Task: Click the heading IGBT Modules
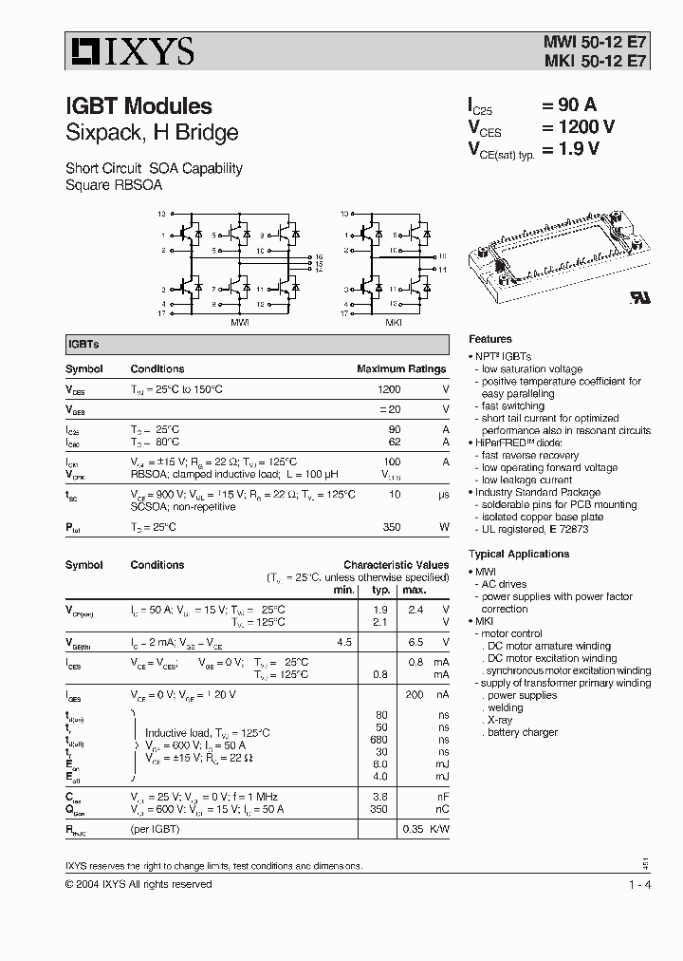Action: click(x=138, y=106)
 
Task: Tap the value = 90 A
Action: click(x=569, y=105)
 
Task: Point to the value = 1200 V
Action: click(x=578, y=127)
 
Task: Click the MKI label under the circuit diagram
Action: click(x=392, y=322)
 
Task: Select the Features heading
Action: click(x=489, y=339)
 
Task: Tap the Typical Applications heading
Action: click(x=518, y=554)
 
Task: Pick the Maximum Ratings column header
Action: click(x=400, y=368)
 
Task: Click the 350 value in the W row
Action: click(x=390, y=527)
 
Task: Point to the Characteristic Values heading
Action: click(x=396, y=564)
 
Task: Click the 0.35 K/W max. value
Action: click(x=413, y=829)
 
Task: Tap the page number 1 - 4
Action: click(x=639, y=884)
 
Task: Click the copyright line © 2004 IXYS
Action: click(x=138, y=884)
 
